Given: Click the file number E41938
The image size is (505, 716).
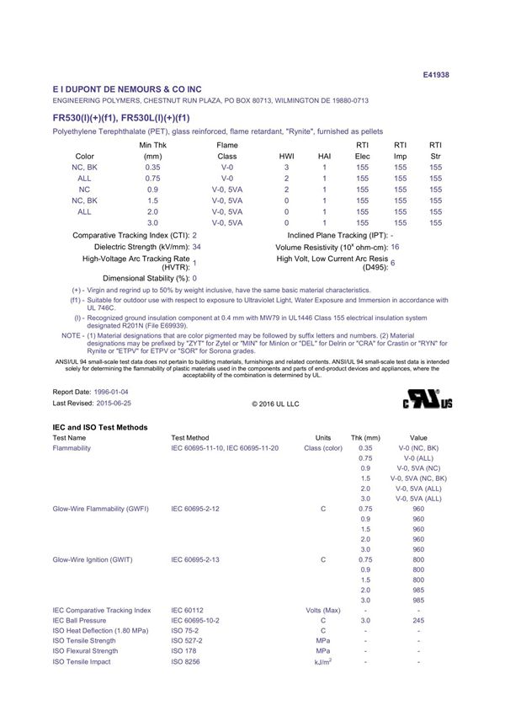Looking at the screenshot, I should (435, 74).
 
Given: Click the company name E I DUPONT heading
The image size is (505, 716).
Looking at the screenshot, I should (127, 88).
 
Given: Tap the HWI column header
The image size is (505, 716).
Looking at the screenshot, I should (286, 157).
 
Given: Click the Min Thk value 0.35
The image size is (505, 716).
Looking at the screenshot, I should (152, 168).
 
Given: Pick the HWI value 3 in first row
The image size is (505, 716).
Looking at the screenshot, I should (286, 168).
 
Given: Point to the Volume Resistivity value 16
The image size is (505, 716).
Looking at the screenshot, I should (395, 247).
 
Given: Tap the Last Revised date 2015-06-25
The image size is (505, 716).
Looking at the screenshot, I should (113, 403).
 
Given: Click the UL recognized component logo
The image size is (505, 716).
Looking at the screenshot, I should (428, 398).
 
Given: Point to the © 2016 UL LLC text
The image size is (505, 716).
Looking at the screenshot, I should (275, 404).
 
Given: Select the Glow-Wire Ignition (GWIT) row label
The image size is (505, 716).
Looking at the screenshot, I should (93, 559).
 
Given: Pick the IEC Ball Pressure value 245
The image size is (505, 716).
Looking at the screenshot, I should (418, 620).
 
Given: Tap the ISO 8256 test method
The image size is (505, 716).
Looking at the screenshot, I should (186, 661).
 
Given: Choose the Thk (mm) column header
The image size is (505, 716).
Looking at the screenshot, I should (365, 438).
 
